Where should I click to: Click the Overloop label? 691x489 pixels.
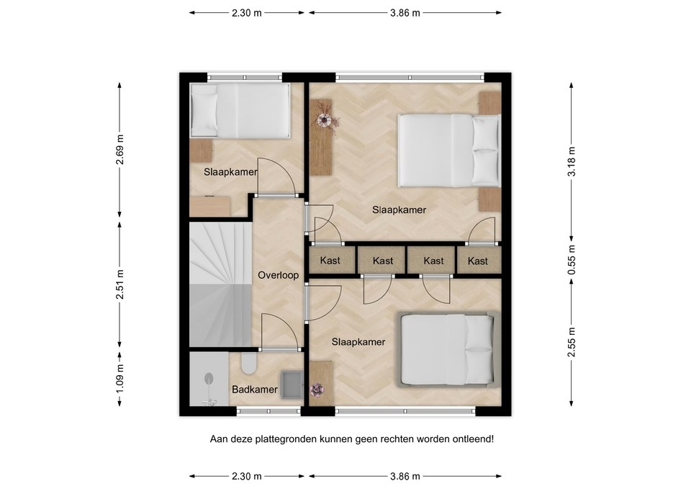point(278,275)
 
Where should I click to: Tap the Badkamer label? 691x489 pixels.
point(255,390)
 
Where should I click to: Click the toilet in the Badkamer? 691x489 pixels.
point(249,363)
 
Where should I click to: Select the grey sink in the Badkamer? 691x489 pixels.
point(292,385)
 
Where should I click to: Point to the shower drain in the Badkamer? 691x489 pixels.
point(209,378)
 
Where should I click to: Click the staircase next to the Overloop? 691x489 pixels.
point(220,284)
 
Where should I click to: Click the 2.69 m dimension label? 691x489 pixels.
point(119,150)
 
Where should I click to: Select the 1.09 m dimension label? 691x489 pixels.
point(119,378)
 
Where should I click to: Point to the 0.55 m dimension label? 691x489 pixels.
point(572,259)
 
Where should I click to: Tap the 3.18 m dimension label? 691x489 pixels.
point(572,161)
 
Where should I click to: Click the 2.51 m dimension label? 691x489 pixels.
point(119,284)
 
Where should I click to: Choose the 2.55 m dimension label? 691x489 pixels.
point(572,342)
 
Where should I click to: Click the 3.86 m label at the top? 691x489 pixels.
point(405,13)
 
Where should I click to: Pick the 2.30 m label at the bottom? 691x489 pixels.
point(247,476)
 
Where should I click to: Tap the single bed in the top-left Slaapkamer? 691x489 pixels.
point(240,110)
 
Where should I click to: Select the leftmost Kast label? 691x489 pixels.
point(330,261)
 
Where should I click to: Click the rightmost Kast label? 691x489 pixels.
point(478,261)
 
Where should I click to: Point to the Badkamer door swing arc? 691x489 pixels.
point(289,326)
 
